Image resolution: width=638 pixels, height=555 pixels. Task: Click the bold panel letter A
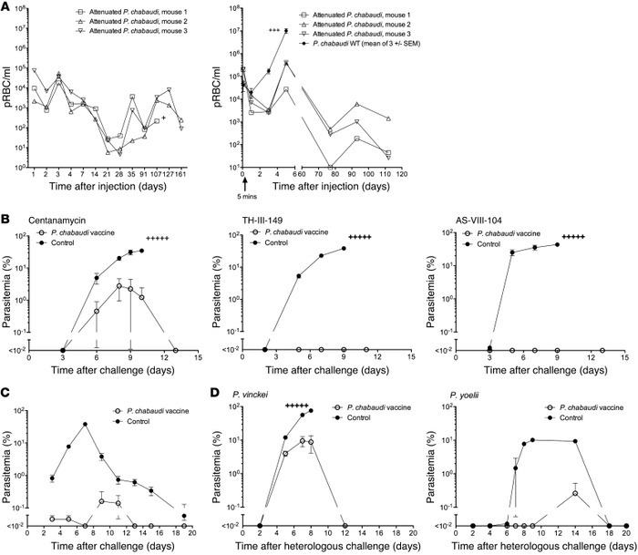[x=7, y=7]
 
